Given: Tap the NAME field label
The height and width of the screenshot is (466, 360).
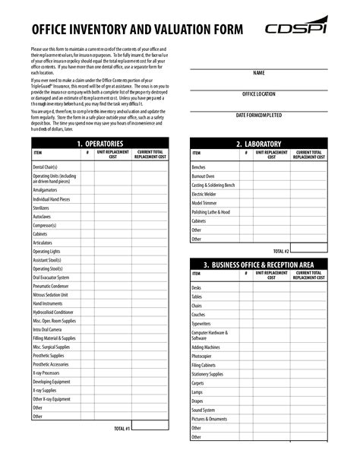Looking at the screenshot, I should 258,73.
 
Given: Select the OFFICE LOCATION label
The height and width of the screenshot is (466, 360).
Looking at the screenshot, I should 258,94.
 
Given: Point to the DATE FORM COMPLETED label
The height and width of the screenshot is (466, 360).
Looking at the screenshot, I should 258,115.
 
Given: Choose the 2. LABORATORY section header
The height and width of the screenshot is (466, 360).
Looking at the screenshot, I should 258,144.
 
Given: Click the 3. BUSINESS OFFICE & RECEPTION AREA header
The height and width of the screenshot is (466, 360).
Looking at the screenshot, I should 258,265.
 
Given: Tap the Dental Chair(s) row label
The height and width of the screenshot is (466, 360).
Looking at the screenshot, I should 46,165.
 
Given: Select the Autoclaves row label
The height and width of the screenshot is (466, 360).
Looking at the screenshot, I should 43,217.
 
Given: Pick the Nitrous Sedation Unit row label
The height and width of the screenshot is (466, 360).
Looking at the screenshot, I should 50,294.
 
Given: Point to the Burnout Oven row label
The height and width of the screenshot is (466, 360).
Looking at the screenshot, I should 204,176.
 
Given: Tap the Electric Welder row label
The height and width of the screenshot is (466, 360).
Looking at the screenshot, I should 204,194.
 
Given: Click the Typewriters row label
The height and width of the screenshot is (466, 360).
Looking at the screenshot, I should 202,323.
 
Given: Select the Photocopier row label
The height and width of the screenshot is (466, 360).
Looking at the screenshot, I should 202,356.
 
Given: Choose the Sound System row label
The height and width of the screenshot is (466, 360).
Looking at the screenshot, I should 203,410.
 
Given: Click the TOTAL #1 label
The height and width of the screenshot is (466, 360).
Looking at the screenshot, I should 122,429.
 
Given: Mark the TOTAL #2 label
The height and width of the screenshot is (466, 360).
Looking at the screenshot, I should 281,250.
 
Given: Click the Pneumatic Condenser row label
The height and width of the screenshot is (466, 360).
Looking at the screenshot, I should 50,286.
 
